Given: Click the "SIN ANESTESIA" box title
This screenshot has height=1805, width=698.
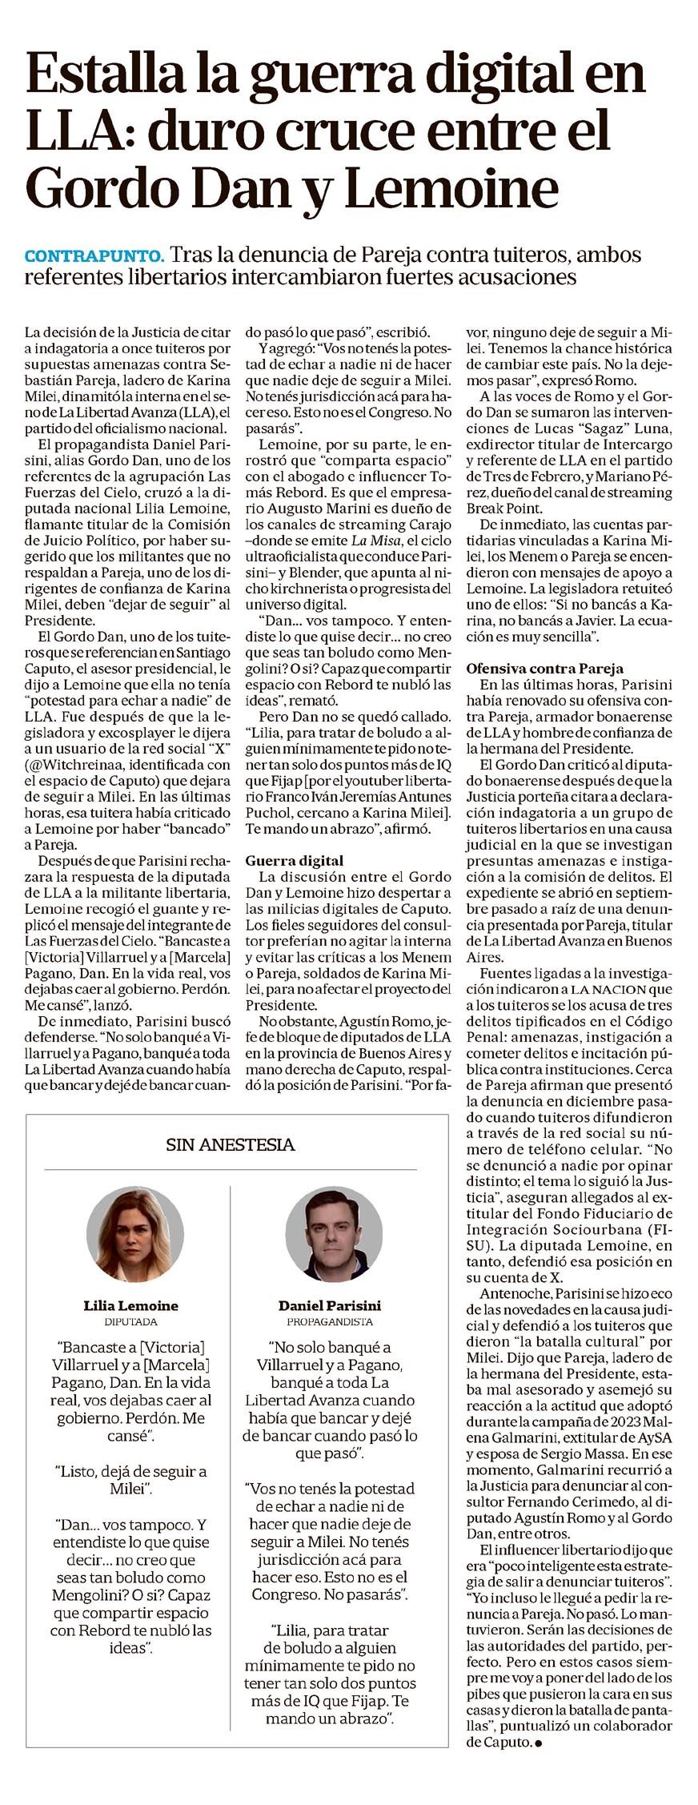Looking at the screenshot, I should pos(231,1144).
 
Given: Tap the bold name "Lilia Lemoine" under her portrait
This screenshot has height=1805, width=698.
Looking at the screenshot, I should pos(130,1305).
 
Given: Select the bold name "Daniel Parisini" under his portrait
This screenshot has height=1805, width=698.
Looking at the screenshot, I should pos(330,1305).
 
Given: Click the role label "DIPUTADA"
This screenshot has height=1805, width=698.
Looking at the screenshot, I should pos(130,1322).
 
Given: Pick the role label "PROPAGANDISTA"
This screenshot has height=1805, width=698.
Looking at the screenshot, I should pos(330,1322).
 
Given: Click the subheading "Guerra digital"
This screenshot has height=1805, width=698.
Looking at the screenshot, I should pos(295,860).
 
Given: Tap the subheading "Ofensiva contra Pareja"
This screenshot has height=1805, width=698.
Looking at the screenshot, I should pos(544,668).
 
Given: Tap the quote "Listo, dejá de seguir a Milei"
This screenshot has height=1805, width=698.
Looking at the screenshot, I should pos(130,1479).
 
